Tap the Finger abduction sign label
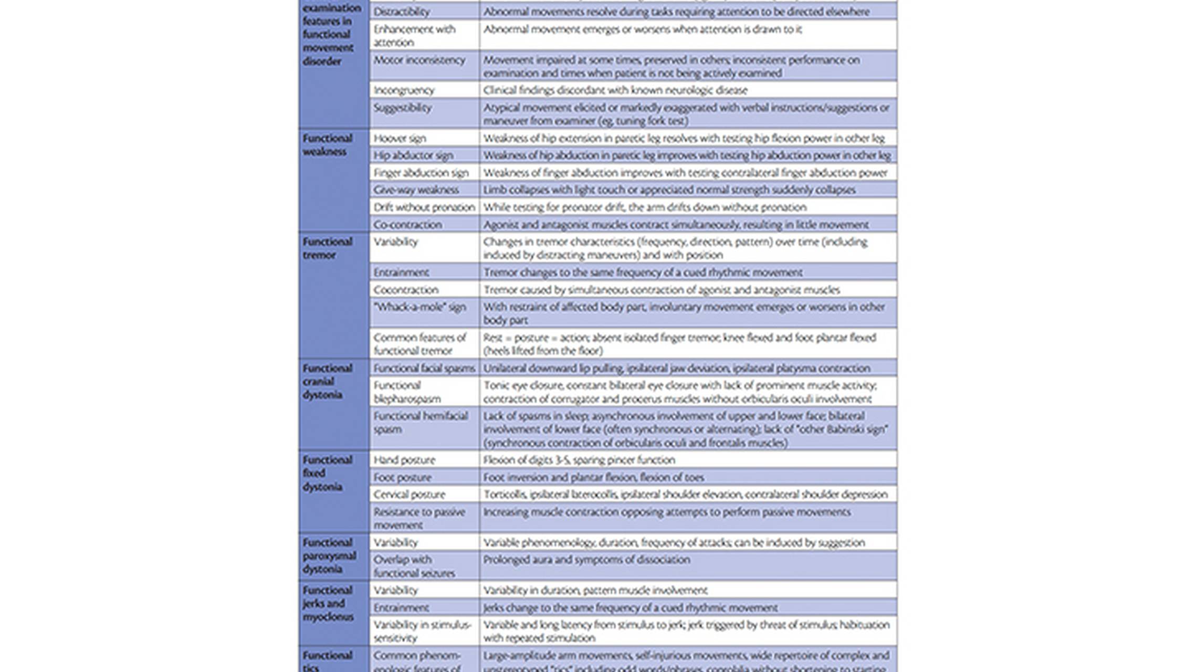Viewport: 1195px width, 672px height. click(x=421, y=173)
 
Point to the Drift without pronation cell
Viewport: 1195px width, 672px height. click(x=424, y=207)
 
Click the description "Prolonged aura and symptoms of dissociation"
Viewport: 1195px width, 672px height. click(x=586, y=560)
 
